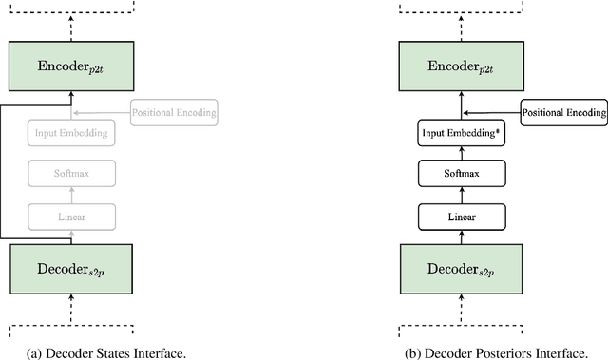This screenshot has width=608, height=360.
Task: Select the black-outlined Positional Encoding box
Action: tap(564, 112)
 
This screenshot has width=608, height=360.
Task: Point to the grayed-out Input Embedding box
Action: tap(71, 134)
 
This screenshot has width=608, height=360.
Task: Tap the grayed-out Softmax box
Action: tap(71, 174)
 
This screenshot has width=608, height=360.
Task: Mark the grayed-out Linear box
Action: tap(71, 216)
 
